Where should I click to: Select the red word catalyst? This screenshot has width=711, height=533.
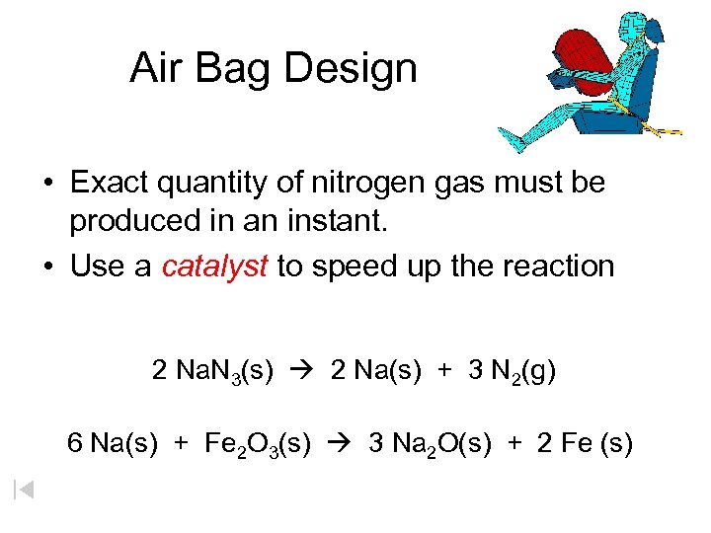pos(214,266)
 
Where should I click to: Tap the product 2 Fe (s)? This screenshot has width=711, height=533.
pos(586,444)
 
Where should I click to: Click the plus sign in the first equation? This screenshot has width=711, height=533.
pos(445,371)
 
